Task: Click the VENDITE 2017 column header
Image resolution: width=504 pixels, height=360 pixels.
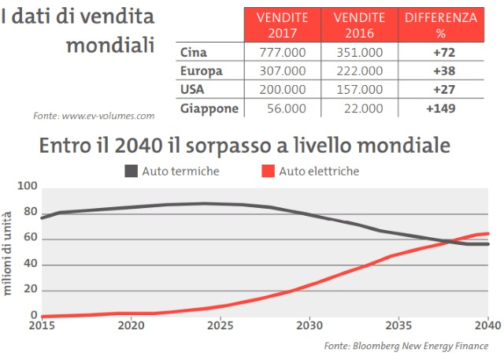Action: tap(282, 25)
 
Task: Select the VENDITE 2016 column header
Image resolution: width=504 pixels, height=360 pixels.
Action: tap(359, 25)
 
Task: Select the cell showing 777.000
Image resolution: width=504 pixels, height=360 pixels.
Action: tap(282, 53)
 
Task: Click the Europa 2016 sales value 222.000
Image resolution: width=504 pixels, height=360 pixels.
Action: tap(359, 71)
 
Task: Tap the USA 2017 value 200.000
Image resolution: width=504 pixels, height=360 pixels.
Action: tap(282, 89)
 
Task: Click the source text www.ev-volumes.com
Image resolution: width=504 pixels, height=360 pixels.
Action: tap(94, 116)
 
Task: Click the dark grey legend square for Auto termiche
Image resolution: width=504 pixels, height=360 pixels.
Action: tap(131, 170)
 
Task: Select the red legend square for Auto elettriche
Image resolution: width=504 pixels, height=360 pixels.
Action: tap(266, 170)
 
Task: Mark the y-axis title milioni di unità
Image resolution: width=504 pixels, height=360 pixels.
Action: tap(8, 252)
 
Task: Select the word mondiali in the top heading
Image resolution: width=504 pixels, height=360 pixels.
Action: tap(109, 44)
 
